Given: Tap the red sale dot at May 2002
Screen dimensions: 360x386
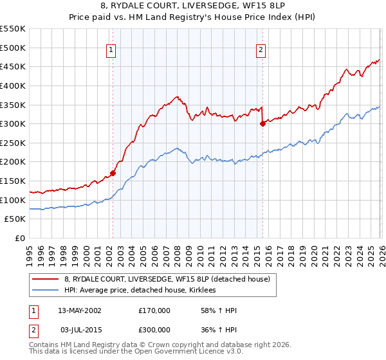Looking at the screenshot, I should coord(113,172).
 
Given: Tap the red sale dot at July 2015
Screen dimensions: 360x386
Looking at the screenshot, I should coord(262,124).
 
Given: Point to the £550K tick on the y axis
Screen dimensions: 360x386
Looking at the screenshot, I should coord(13,29).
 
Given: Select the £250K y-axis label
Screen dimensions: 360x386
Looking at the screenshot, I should coord(13,143).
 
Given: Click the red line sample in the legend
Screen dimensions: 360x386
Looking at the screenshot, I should coord(46,279).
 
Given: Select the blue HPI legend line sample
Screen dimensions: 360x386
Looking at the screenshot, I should coord(46,290).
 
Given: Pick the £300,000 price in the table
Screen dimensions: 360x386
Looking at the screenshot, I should coord(154,330).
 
